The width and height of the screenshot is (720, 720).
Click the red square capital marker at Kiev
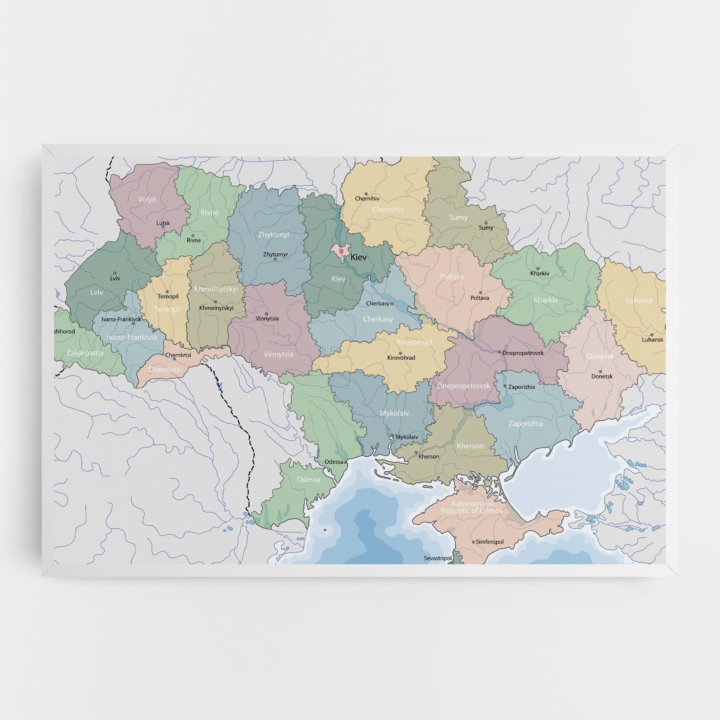coord(341,251)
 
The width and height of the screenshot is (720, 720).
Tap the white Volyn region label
coord(147,199)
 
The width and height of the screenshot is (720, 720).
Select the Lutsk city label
coord(163,223)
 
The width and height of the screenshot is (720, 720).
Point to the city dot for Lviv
coord(115,273)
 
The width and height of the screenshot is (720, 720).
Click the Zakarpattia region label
coord(85,353)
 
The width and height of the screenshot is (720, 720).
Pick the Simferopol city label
coord(490,542)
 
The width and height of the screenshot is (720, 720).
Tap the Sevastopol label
coord(438,558)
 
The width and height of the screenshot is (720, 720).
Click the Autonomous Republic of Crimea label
coord(472,507)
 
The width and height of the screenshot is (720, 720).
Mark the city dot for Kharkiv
coord(538,268)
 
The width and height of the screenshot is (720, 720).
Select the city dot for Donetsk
coord(600,371)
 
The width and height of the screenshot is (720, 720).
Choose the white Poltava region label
coord(452,276)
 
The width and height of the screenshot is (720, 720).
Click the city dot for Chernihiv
coord(366,193)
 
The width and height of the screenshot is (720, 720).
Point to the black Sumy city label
coord(486,228)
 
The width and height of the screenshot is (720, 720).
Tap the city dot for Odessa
coord(345,462)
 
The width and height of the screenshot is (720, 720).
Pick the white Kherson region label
coord(470,446)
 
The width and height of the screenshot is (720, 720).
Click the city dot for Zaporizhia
coord(505,386)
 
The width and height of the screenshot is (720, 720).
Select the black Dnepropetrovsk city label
coord(523,353)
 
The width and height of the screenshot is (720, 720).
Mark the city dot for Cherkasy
coord(392,304)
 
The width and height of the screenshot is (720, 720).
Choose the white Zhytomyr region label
coord(274,235)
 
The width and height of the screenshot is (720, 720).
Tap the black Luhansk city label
coord(653,340)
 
